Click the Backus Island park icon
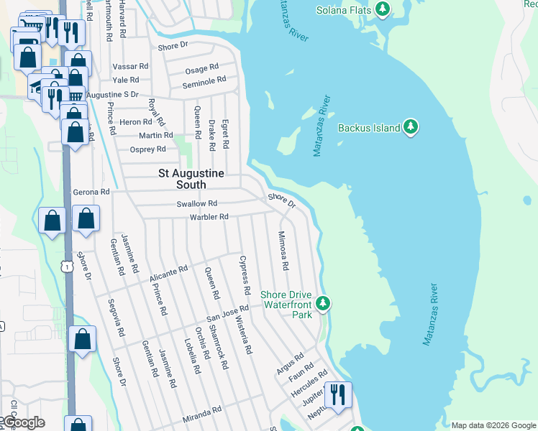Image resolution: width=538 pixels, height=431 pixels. (x=411, y=128)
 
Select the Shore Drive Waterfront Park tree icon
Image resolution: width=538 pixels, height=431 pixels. (x=323, y=304)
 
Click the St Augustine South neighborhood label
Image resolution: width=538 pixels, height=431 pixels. (x=191, y=180)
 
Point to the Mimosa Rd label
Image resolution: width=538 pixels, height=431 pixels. (x=283, y=251)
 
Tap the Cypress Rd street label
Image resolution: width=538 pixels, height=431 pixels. (x=245, y=275)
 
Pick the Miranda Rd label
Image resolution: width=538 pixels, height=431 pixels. (x=202, y=415)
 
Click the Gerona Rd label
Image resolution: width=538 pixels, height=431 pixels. (x=91, y=193)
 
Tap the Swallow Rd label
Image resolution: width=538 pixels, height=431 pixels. (x=196, y=205)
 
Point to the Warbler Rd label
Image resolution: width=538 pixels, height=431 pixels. (x=209, y=217)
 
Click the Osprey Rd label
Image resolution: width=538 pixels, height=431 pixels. (x=147, y=149)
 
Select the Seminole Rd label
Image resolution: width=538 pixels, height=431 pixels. (x=204, y=81)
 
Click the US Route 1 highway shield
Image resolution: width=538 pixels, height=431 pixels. (x=66, y=267)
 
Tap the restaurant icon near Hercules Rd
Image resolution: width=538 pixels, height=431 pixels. (x=335, y=393)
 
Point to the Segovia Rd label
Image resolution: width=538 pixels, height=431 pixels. (x=115, y=318)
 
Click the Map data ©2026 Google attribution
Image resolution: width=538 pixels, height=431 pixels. (x=493, y=425)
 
